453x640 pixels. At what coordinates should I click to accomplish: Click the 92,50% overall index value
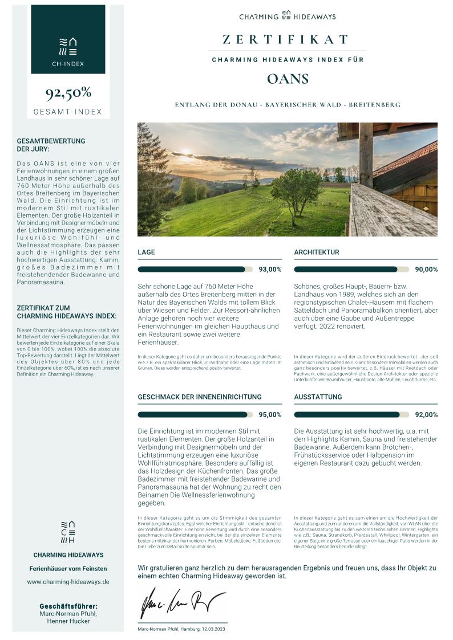click(x=68, y=93)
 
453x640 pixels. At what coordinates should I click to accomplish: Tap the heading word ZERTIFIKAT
click(x=286, y=39)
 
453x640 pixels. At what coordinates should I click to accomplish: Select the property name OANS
click(x=288, y=79)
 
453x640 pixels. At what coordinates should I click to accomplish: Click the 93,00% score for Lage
click(x=270, y=270)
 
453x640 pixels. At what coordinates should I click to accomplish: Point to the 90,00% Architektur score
click(x=426, y=270)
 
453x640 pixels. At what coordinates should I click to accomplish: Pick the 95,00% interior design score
click(x=270, y=415)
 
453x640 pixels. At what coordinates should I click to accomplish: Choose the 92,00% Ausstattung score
click(x=426, y=415)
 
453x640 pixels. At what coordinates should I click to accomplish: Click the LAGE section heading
click(x=146, y=252)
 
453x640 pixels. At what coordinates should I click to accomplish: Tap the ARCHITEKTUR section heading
click(x=317, y=252)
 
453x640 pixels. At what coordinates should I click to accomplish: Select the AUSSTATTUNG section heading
click(x=318, y=397)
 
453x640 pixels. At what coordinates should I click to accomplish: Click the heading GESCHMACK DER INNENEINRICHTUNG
click(x=200, y=397)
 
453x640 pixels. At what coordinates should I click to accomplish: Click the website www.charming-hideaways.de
click(x=68, y=582)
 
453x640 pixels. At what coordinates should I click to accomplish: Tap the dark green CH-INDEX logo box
click(x=68, y=39)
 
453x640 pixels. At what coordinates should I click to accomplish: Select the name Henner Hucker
click(x=68, y=621)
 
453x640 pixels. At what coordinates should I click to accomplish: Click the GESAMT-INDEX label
click(x=68, y=112)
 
